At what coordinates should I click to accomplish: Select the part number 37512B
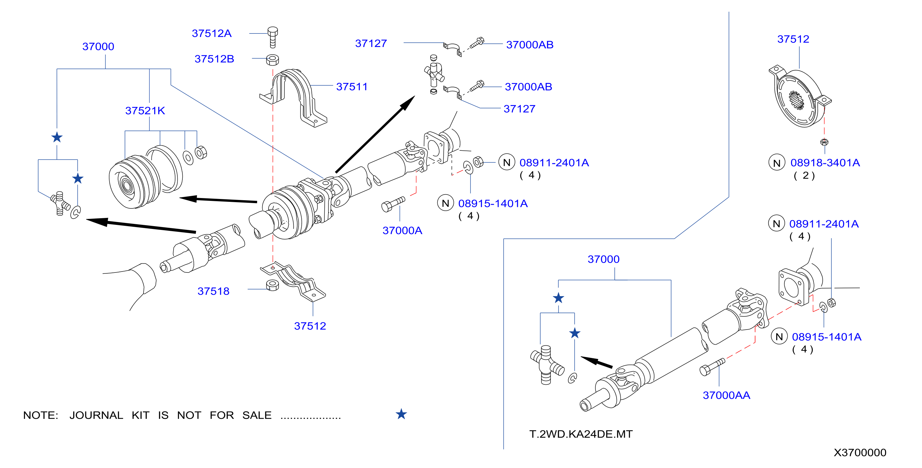[214, 59]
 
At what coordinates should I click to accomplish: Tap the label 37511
[352, 87]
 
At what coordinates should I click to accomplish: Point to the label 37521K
[145, 111]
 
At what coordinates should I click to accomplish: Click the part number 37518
[213, 291]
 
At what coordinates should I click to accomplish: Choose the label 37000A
[402, 231]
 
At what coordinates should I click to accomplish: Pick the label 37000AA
[726, 395]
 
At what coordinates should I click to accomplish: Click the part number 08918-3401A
[825, 163]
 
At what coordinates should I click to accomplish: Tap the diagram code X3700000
[860, 453]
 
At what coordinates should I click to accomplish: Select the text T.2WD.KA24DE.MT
[581, 434]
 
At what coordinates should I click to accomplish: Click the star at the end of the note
[401, 414]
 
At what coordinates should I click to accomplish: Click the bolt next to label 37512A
[272, 37]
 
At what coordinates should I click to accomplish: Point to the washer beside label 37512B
[272, 59]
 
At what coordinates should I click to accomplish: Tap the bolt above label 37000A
[393, 204]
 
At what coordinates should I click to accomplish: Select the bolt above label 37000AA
[712, 367]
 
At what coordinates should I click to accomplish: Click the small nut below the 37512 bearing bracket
[824, 142]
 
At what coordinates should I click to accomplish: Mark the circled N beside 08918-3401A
[777, 163]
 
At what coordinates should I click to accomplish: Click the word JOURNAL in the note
[96, 415]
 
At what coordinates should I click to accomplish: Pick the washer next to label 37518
[272, 285]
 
